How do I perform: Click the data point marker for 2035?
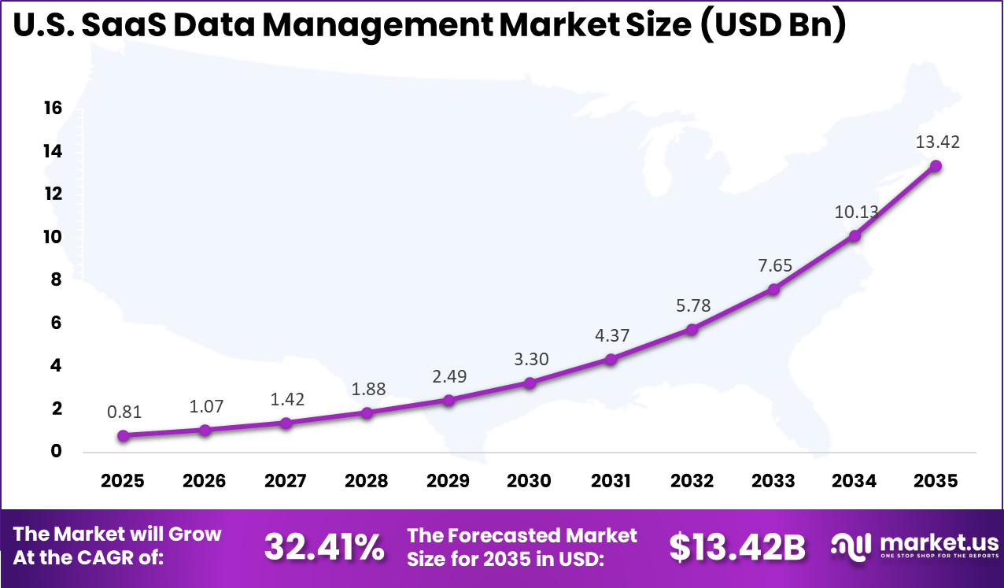point(936,166)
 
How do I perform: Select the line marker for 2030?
point(530,383)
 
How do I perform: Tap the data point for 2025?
point(124,435)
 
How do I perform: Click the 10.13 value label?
point(855,212)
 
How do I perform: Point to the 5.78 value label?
point(692,305)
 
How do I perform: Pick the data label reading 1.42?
point(286,399)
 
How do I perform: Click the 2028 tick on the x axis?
point(367,481)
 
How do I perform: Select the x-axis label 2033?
point(773,481)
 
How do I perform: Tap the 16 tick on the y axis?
point(52,109)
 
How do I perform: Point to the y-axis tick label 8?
point(56,280)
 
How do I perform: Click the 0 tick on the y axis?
point(56,452)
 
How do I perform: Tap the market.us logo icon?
point(851,545)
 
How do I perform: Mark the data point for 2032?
point(692,329)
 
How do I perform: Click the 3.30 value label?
point(530,360)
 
